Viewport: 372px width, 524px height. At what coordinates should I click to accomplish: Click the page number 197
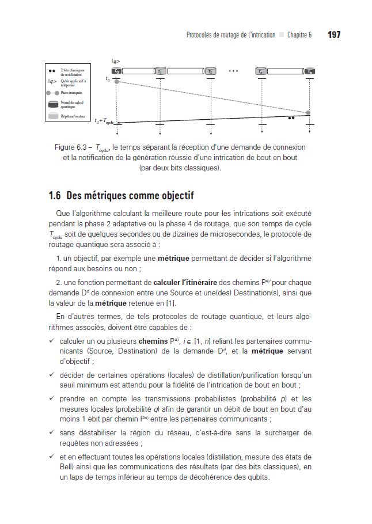334,35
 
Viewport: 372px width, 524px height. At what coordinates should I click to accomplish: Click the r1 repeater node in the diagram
160,71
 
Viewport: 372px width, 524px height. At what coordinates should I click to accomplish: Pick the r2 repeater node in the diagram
211,71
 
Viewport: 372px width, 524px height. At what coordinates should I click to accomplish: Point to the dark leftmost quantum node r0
117,71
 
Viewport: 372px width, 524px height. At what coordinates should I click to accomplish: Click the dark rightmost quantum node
310,71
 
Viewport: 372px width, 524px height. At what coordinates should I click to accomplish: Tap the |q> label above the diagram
116,60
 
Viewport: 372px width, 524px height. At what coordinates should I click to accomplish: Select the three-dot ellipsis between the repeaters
233,71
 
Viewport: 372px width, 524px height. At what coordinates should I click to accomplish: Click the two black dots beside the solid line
291,117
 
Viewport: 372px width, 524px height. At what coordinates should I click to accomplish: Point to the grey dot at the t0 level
117,82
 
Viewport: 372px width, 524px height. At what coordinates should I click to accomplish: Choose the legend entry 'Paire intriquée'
72,92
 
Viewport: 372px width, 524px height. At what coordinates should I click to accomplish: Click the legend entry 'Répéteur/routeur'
74,116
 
